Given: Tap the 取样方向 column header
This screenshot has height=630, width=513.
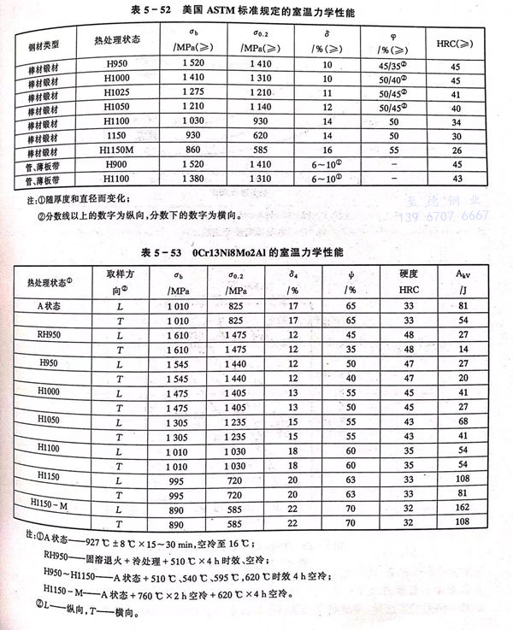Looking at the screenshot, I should coord(120,280).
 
